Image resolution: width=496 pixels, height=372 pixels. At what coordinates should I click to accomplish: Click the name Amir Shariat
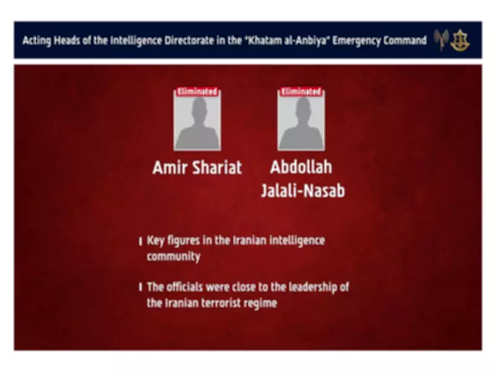tap(197, 167)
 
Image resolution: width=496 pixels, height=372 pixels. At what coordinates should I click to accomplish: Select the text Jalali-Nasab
tap(303, 190)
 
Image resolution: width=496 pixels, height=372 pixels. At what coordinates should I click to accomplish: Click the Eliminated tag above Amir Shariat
tap(197, 92)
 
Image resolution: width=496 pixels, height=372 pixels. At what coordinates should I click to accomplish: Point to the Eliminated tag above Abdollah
tap(301, 92)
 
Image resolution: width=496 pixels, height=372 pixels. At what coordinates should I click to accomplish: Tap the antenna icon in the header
tap(441, 40)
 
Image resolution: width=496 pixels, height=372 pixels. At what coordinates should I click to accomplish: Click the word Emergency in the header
tap(359, 41)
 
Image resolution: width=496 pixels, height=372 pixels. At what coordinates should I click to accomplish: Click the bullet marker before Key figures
tap(141, 241)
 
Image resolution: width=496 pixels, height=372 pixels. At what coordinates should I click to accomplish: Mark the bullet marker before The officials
tap(141, 287)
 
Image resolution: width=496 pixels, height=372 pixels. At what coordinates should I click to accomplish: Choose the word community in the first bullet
tap(174, 256)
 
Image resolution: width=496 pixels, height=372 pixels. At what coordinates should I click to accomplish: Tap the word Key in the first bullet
tap(156, 241)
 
